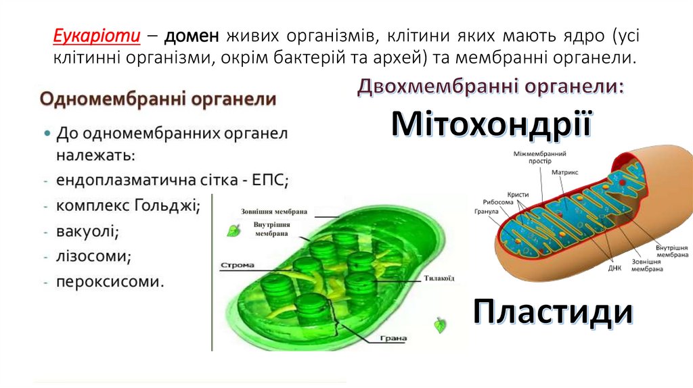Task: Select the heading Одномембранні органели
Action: coord(158,99)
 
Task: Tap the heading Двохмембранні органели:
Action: coord(491,87)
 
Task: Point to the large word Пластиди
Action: coord(553,312)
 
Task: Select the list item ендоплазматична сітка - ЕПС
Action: coord(173,180)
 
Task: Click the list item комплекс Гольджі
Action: coord(128,205)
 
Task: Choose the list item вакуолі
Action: coord(87,231)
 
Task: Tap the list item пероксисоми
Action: coord(110,281)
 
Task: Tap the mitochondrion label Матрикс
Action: coord(564,172)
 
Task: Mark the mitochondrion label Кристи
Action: coord(517,194)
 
